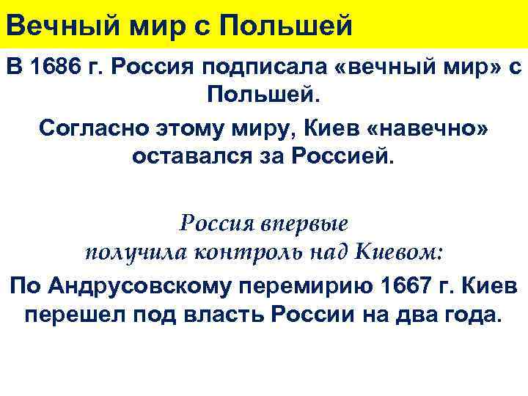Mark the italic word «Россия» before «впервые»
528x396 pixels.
[218, 222]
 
